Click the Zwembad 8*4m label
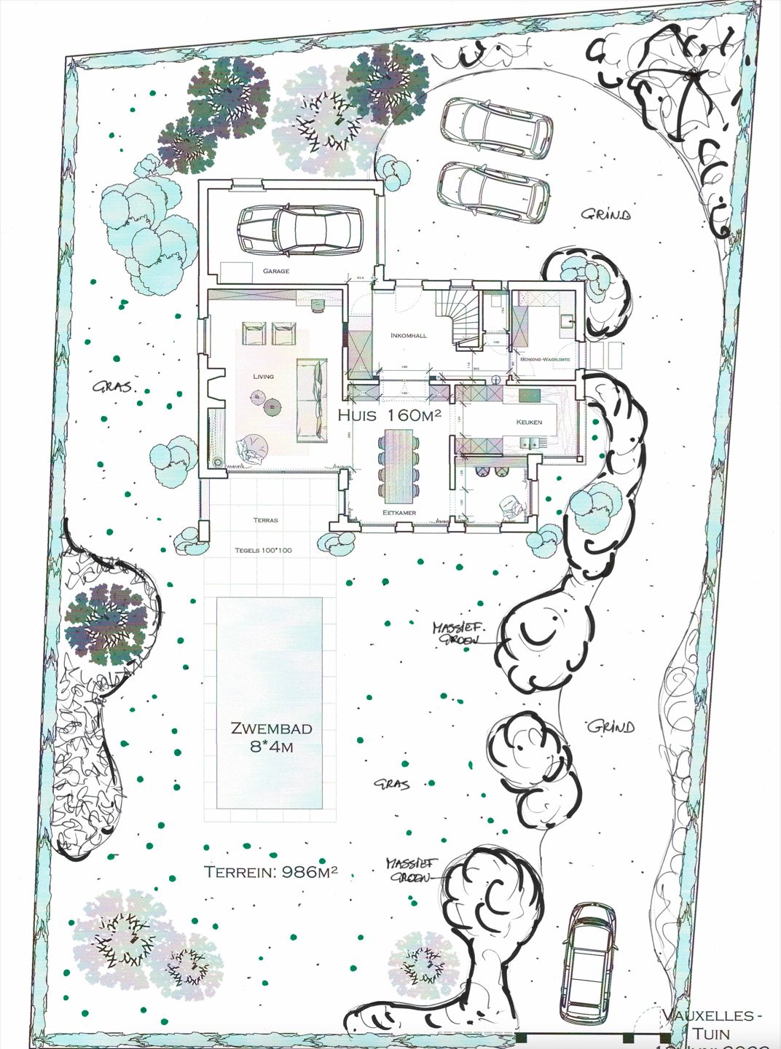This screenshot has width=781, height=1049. pos(271,736)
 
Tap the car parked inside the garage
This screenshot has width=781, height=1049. pos(300,230)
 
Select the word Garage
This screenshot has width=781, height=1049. pos(276,271)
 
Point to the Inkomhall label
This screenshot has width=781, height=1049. pos(408,336)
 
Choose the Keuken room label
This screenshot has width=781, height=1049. pos(529,422)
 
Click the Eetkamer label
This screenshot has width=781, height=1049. pos(399,513)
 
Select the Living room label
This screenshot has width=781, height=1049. pos(263,377)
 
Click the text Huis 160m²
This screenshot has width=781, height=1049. pos(390,415)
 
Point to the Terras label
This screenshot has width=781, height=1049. pos(265,520)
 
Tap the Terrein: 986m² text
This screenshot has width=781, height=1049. pos(270,872)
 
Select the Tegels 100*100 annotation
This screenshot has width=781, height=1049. pos(263,550)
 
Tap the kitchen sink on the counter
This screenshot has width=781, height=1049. pos(530,442)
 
